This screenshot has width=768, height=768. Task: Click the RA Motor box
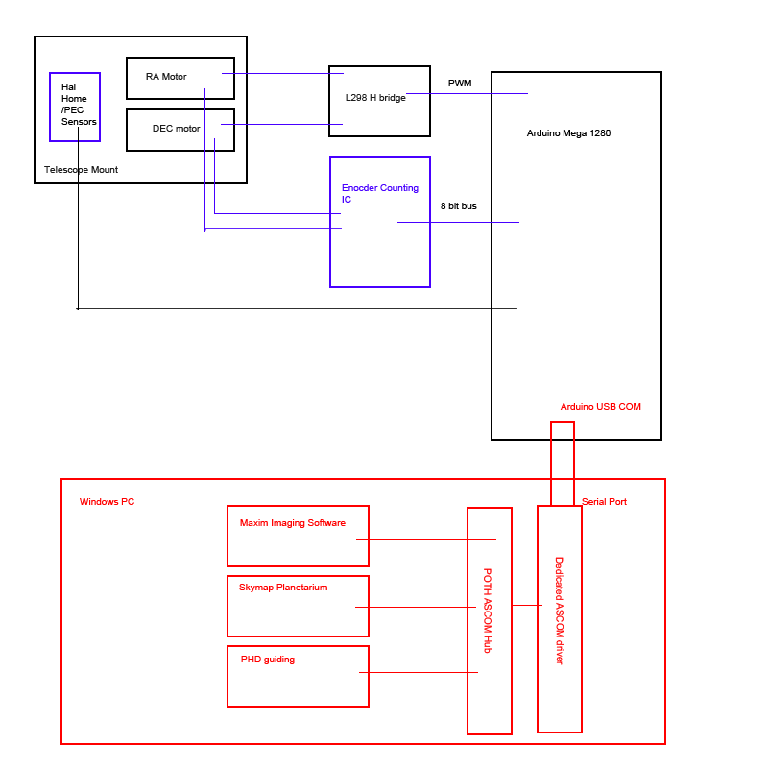click(x=180, y=78)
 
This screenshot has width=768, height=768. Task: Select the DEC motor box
click(x=180, y=130)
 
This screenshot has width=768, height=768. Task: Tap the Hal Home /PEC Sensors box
click(x=75, y=107)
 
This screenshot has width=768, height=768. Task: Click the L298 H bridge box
click(x=379, y=101)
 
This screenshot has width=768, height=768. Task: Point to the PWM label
click(x=460, y=84)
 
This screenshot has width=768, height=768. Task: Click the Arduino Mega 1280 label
click(x=568, y=133)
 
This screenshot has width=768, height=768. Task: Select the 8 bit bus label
click(x=459, y=206)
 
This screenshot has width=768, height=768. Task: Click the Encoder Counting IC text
click(x=379, y=194)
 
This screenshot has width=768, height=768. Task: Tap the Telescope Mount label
click(x=81, y=170)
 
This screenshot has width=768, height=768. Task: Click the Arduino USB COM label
click(x=600, y=407)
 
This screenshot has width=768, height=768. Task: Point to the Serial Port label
click(x=604, y=502)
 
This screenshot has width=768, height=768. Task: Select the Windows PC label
click(x=107, y=502)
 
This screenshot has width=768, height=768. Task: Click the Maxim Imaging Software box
click(x=298, y=536)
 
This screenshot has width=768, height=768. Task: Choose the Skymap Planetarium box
click(x=298, y=606)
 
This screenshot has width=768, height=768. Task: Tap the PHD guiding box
click(x=298, y=676)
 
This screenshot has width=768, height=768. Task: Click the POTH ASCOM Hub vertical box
click(x=489, y=620)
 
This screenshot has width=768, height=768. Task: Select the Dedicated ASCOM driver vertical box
click(x=559, y=618)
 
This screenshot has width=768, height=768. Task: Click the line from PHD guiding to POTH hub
click(x=418, y=672)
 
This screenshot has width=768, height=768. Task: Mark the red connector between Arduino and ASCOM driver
click(x=563, y=463)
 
